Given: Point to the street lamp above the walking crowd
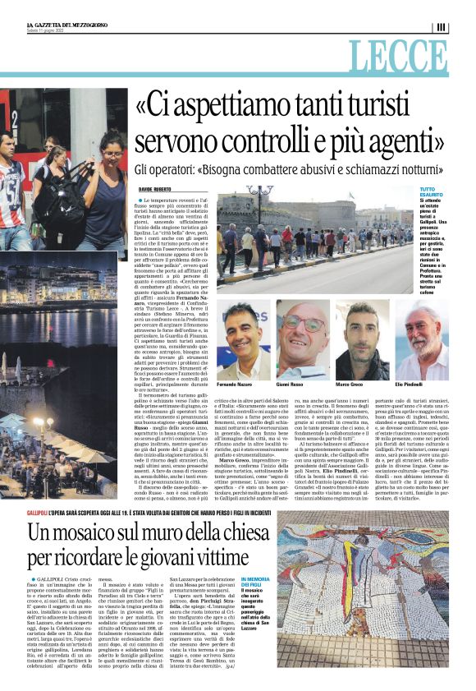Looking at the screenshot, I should coord(261,195).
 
